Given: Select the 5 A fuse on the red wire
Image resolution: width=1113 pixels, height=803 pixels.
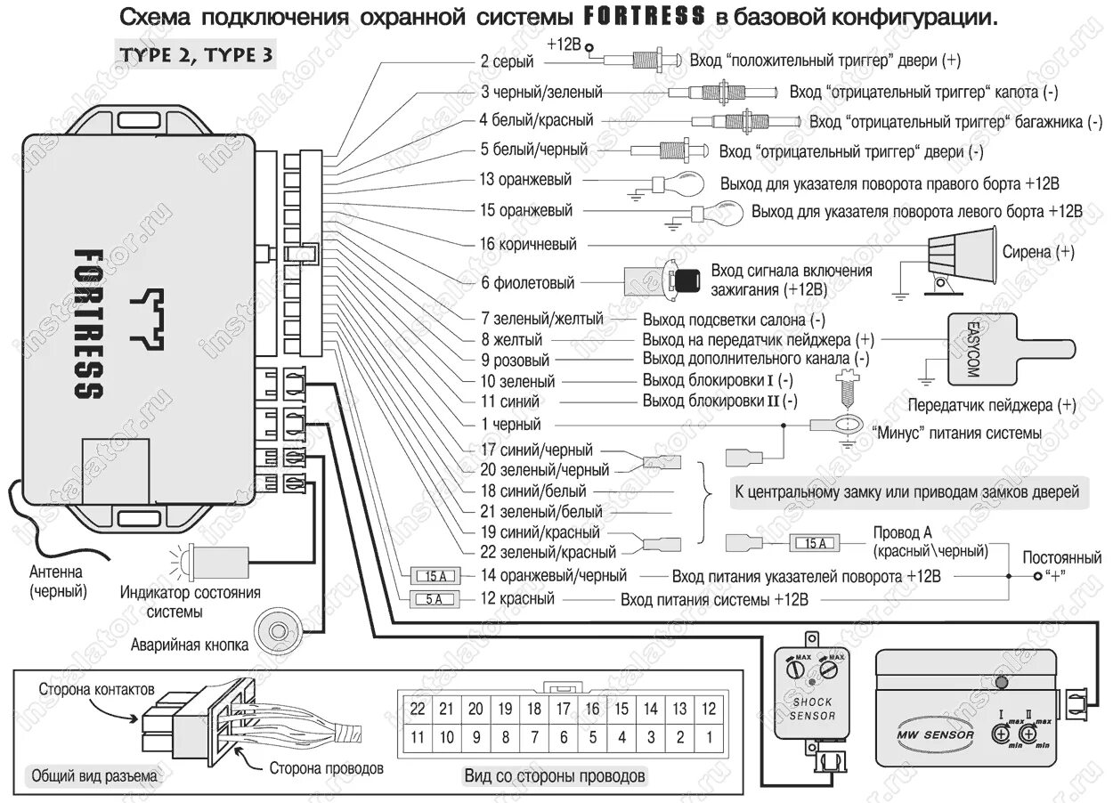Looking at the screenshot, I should coord(434,599).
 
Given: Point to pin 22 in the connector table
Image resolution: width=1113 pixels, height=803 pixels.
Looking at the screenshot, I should coord(418,709).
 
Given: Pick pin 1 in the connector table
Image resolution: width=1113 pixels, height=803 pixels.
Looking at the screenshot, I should coord(709,737).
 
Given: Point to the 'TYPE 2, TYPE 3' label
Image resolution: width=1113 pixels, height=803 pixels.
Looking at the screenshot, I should coord(195,54).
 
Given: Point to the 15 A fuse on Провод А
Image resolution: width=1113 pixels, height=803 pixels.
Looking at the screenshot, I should coord(813,543).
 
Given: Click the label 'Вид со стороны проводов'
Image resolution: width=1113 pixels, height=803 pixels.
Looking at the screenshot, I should coord(555,775).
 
